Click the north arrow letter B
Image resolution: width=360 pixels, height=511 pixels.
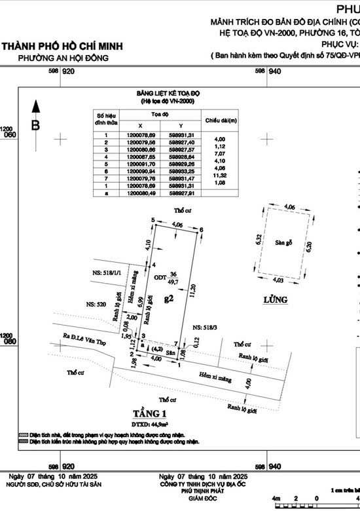[x=36, y=124]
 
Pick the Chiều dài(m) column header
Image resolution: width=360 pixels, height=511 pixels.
[x=220, y=121]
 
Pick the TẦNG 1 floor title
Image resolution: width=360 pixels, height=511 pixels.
[x=150, y=413]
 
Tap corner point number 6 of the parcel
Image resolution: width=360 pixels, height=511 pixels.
[x=202, y=229]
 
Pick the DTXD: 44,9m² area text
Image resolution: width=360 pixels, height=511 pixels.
[x=151, y=424]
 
